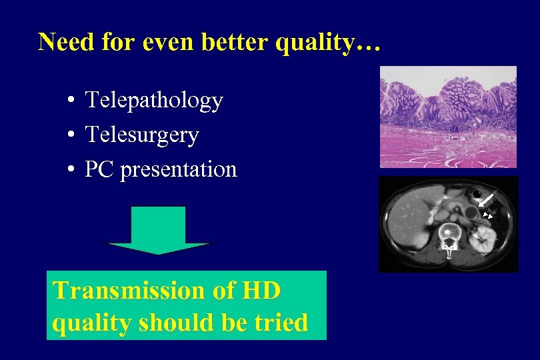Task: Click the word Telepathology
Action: pyautogui.click(x=154, y=101)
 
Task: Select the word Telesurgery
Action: pyautogui.click(x=142, y=135)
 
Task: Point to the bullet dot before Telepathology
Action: pyautogui.click(x=70, y=102)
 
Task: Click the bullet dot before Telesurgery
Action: pyautogui.click(x=70, y=136)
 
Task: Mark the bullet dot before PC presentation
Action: pyautogui.click(x=70, y=171)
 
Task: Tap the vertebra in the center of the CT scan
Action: pyautogui.click(x=451, y=237)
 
